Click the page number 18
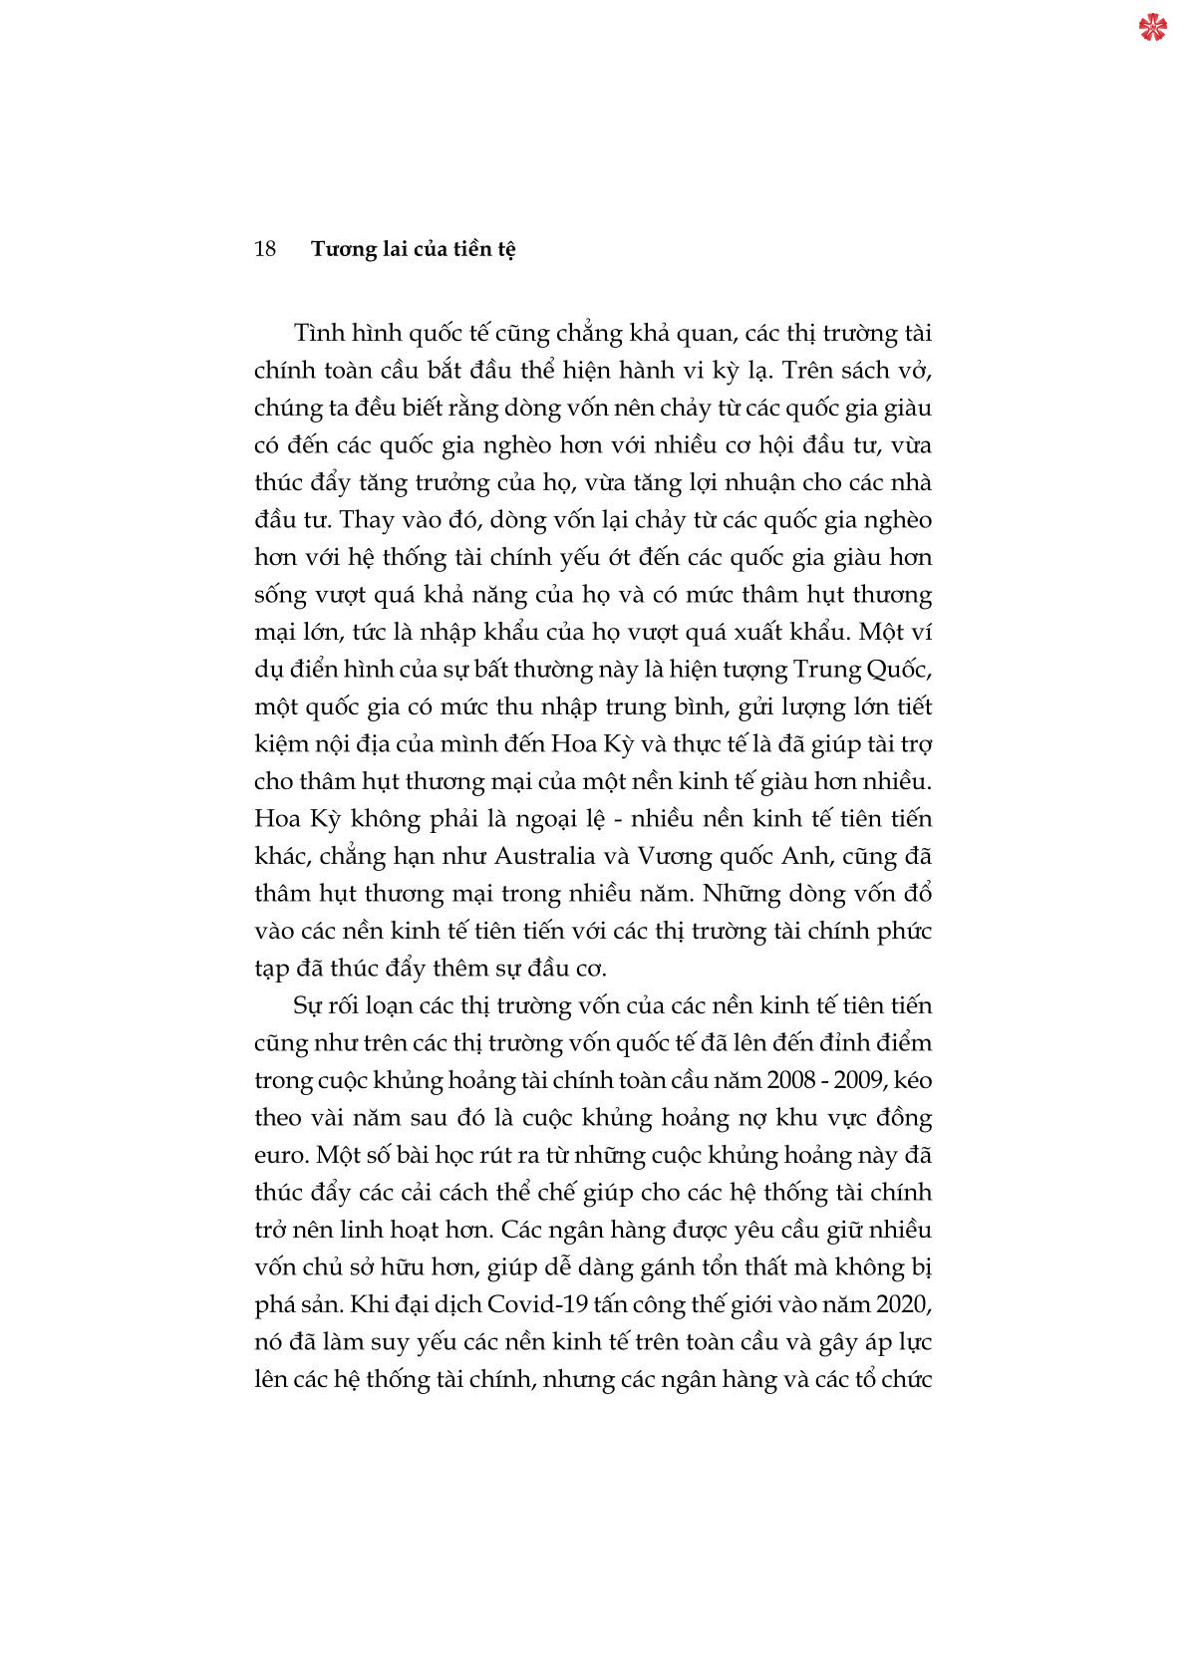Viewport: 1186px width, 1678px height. pos(265,249)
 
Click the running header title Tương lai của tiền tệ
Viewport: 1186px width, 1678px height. pos(413,249)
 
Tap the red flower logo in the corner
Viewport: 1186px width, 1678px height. pos(1152,27)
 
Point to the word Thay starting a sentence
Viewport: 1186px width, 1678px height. pos(367,520)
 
